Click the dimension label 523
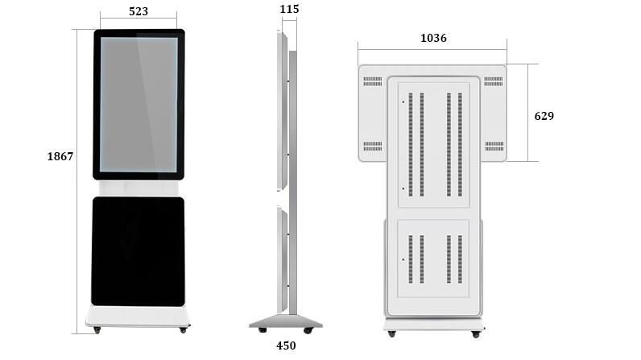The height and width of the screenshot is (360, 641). (139, 11)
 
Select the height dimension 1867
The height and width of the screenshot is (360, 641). (60, 156)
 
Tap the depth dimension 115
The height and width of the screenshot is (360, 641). (289, 9)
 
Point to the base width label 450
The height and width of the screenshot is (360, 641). (286, 346)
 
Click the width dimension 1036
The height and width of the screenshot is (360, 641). (433, 38)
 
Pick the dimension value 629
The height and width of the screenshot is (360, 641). (544, 116)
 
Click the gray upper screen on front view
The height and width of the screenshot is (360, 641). (139, 105)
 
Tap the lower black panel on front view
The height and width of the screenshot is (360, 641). (139, 251)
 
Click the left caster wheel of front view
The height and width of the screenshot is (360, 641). (97, 329)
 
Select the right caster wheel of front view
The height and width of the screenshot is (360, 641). (184, 329)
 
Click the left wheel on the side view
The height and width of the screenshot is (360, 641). (263, 330)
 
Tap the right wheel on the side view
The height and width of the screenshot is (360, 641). (308, 330)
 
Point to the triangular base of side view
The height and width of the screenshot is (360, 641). (286, 321)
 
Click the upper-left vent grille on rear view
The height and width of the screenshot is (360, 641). (372, 81)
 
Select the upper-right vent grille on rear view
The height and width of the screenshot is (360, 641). (494, 81)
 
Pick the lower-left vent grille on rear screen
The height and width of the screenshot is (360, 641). (372, 146)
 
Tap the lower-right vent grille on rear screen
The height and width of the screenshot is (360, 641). (494, 146)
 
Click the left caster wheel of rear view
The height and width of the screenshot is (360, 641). (391, 334)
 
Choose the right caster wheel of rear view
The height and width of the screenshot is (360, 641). (476, 334)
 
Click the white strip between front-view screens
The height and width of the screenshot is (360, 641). (139, 188)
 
